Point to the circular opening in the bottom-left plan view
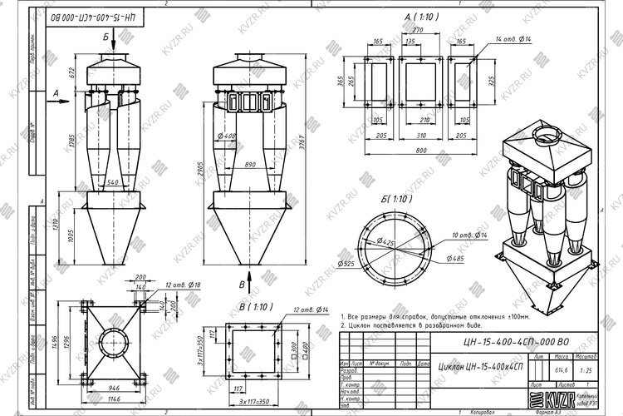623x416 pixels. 108,341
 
